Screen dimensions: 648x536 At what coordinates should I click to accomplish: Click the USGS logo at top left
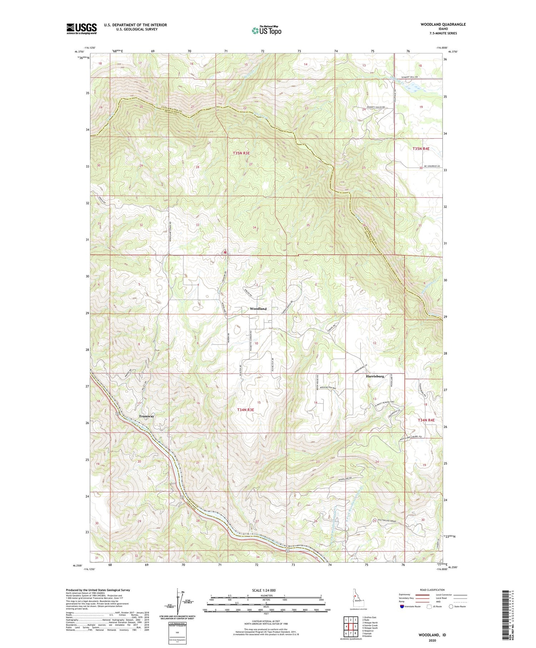[81, 29]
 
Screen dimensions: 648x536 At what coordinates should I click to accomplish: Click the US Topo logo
[266, 30]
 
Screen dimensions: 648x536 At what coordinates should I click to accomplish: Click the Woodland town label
[258, 308]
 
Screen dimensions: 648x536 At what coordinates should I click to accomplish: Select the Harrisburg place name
[375, 376]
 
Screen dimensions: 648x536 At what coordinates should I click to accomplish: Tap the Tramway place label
[147, 416]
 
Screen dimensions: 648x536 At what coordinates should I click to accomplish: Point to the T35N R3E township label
[241, 153]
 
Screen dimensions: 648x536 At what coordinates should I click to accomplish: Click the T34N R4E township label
[426, 420]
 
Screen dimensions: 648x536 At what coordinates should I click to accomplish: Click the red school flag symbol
[225, 252]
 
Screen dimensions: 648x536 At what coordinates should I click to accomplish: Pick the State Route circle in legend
[451, 607]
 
